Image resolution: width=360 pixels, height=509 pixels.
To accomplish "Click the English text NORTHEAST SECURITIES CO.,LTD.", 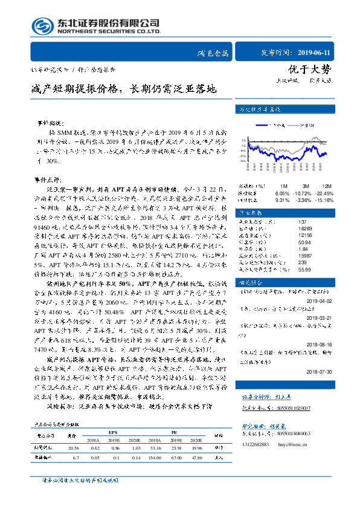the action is point(108,31).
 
